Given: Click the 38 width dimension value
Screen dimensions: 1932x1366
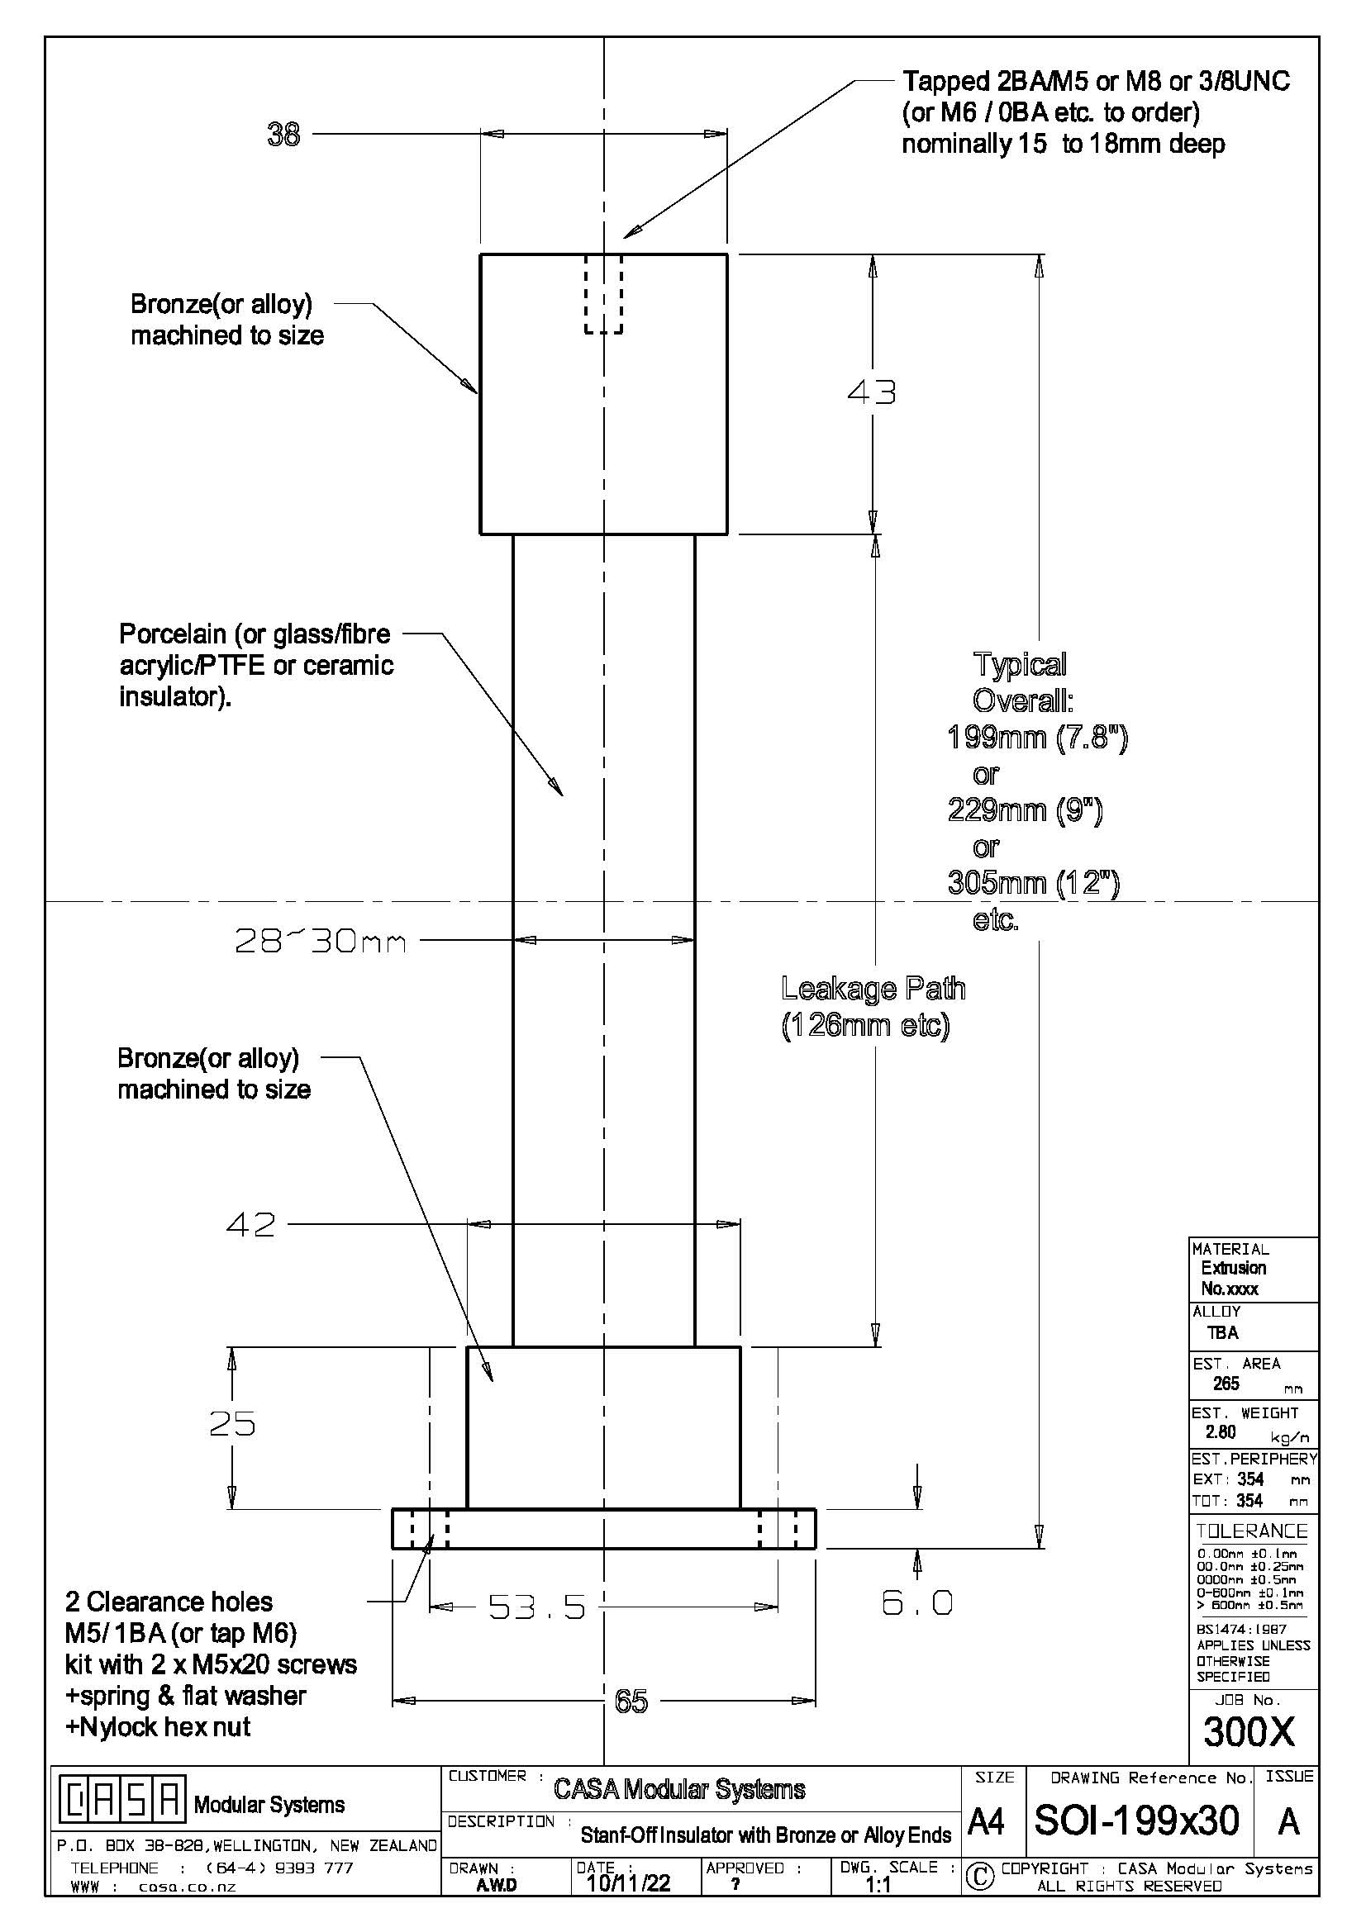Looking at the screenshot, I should coord(283,135).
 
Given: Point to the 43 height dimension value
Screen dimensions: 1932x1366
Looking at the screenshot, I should coord(872,392).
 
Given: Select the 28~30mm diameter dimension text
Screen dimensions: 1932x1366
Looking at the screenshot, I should coord(321,941).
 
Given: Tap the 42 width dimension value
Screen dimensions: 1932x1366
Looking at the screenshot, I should coord(251,1224).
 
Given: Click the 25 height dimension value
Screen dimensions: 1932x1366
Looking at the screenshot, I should coord(232,1424).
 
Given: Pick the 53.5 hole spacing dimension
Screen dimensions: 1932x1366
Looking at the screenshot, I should coord(537,1608).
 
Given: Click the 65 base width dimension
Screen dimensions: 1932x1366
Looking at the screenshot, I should coord(631,1702).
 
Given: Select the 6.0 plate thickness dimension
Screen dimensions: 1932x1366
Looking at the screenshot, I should coord(917,1603).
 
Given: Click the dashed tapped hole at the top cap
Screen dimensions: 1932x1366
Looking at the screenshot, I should coord(603,295).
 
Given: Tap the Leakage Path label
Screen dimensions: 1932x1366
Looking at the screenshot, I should coord(873,989).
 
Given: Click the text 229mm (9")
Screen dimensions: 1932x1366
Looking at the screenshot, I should coord(1024,810).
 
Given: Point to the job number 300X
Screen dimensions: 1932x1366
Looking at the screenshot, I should coord(1249,1732).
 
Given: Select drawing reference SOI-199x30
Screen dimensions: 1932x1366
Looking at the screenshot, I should coord(1136,1820).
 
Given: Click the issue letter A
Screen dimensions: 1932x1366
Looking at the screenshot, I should coord(1288,1822).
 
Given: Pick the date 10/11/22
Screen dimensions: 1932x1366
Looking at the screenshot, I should coord(628,1883).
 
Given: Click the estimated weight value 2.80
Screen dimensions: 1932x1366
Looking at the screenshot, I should coord(1221,1432).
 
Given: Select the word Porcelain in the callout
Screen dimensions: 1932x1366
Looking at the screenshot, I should coord(173,634).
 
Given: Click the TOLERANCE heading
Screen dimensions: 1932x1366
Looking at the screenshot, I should coord(1251,1531).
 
